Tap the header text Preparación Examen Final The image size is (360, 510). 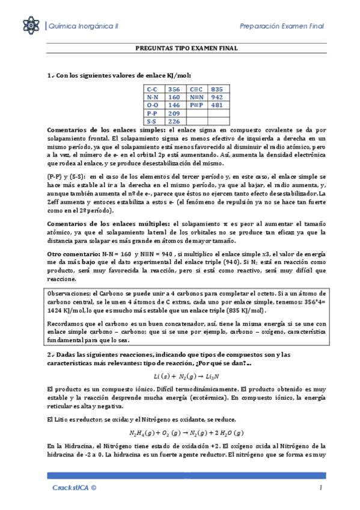[x=282, y=26]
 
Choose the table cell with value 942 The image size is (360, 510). [x=217, y=96]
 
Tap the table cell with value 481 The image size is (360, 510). [x=217, y=105]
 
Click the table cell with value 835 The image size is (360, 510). [x=217, y=88]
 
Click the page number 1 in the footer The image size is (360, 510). [x=322, y=488]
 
